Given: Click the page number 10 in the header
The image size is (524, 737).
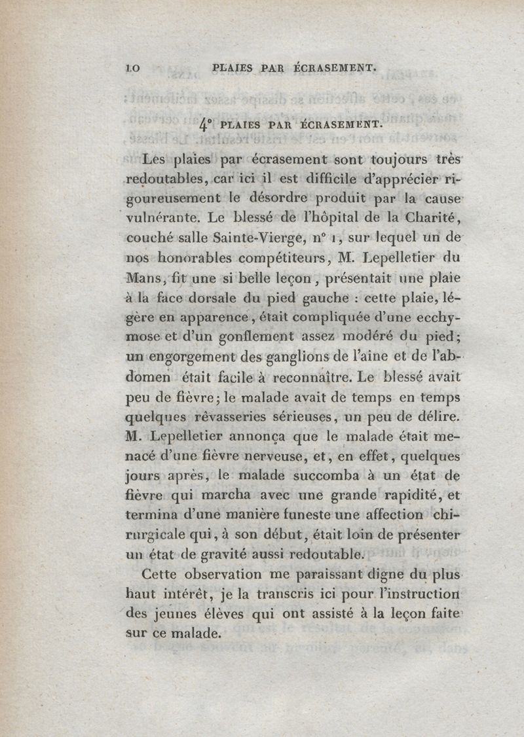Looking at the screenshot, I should coord(132,67).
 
